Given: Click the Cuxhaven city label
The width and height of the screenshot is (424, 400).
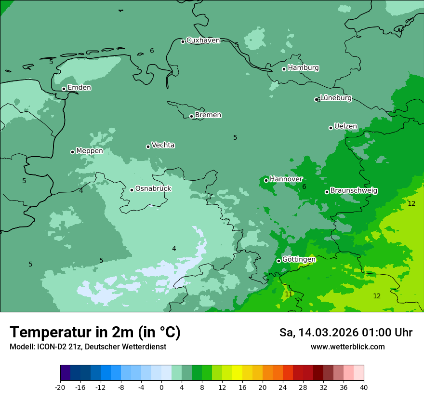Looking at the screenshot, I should (x=203, y=40).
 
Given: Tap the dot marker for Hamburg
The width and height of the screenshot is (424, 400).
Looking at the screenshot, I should (x=284, y=69).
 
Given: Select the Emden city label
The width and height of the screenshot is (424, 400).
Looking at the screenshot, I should (x=79, y=88).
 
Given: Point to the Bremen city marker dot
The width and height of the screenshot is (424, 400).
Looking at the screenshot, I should (x=191, y=116).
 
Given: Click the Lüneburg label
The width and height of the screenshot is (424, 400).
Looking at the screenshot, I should (x=336, y=98).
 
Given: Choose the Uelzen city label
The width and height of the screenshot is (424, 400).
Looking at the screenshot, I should (x=345, y=127).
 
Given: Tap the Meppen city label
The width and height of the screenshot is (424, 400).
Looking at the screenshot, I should (x=90, y=151).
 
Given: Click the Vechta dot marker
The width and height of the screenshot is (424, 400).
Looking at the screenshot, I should (x=148, y=147).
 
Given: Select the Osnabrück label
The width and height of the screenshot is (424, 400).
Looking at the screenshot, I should (x=153, y=189).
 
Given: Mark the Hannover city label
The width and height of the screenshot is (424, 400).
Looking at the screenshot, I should (x=286, y=179).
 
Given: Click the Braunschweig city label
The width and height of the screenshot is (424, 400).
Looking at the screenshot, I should (x=354, y=191).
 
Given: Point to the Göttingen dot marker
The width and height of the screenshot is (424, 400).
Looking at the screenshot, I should (x=278, y=261).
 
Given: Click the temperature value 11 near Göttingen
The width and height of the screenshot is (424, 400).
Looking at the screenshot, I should (x=289, y=294).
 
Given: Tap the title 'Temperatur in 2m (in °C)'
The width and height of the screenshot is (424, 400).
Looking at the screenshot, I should (x=95, y=333).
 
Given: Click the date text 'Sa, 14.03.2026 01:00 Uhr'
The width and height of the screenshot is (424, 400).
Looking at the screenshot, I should (x=346, y=333).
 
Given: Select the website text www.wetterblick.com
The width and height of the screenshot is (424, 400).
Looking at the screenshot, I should (x=348, y=347).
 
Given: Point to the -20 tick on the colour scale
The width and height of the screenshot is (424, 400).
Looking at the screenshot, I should (x=60, y=387).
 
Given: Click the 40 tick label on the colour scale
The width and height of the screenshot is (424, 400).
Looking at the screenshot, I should (x=364, y=387).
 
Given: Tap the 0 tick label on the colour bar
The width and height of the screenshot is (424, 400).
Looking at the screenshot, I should (x=161, y=387).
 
